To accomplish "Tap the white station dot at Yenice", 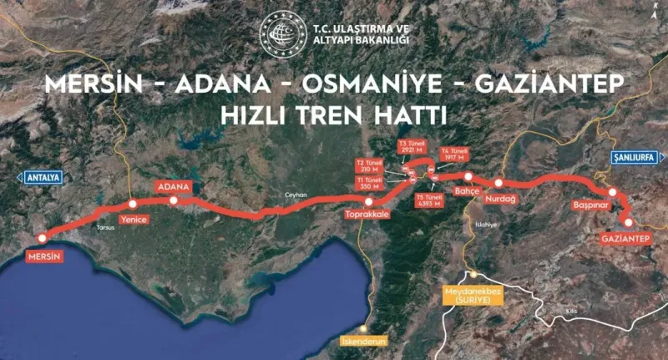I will click(x=132, y=204).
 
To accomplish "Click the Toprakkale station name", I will click(x=368, y=215).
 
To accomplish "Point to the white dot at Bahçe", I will click(x=468, y=176).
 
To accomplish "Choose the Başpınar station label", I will click(x=588, y=205).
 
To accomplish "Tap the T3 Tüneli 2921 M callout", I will click(x=413, y=148).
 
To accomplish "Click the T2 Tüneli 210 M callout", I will click(x=369, y=166).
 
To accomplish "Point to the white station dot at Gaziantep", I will click(x=628, y=221).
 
